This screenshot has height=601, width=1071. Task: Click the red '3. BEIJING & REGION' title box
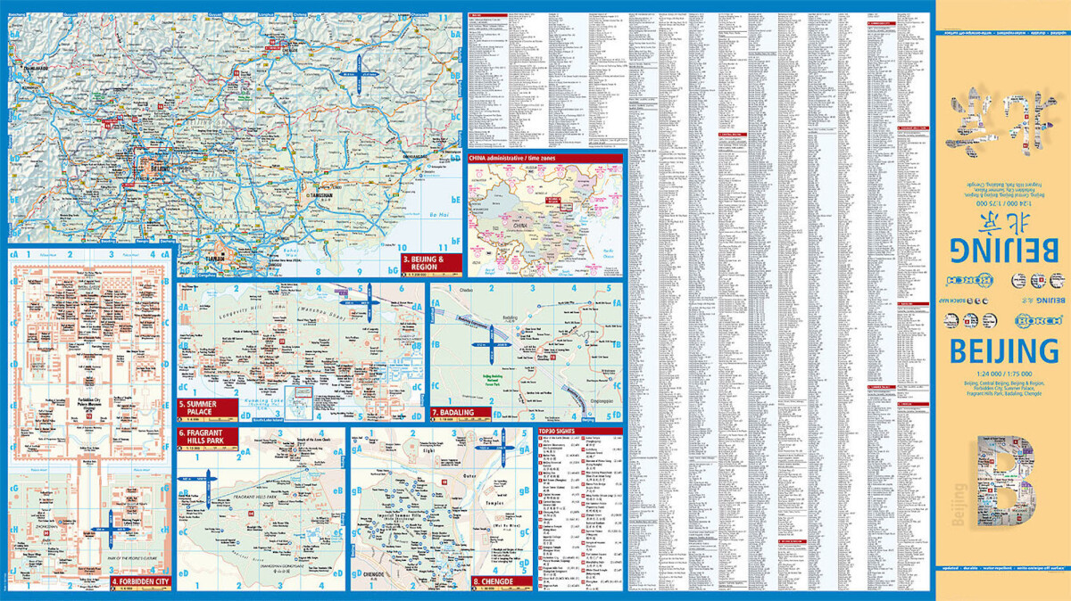coord(431,262)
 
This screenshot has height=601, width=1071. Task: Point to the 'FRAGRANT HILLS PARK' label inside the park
coord(232,495)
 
